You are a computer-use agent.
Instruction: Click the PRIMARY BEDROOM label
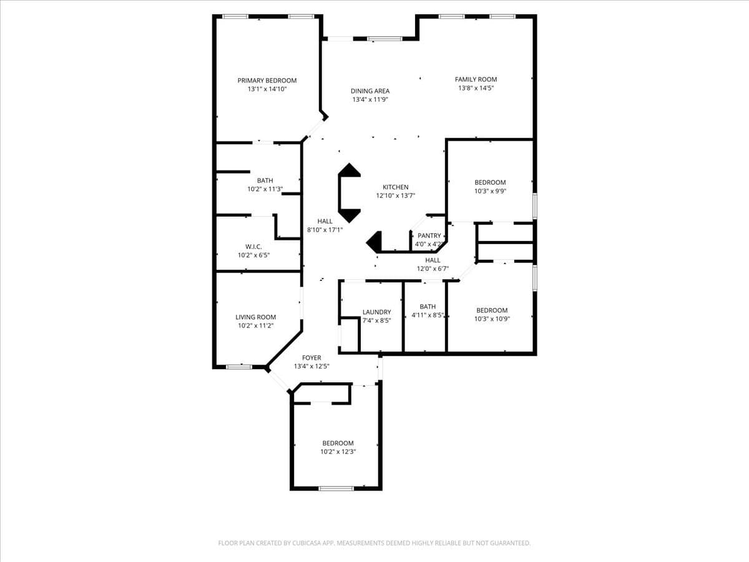point(267,81)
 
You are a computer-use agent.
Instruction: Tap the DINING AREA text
point(370,91)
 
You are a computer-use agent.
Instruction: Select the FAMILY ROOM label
point(476,79)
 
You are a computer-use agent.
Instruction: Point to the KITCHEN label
point(395,187)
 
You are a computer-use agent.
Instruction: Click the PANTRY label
point(429,236)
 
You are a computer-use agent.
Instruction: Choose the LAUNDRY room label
point(376,312)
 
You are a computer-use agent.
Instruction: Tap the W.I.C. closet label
point(253,247)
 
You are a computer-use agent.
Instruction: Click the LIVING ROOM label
point(255,317)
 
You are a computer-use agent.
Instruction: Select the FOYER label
point(311,358)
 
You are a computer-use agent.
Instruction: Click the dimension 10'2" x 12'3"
point(338,451)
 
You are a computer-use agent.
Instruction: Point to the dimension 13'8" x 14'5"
point(476,88)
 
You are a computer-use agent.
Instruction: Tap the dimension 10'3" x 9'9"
point(490,191)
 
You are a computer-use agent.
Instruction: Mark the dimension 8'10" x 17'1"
point(325,230)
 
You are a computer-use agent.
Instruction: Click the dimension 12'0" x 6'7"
point(433,269)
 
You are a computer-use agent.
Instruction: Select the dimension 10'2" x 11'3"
point(265,189)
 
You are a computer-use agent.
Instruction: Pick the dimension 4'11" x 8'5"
point(428,315)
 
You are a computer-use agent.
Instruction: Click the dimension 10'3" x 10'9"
point(492,319)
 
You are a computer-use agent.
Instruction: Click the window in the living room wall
point(238,367)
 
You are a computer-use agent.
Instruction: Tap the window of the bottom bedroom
point(336,488)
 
